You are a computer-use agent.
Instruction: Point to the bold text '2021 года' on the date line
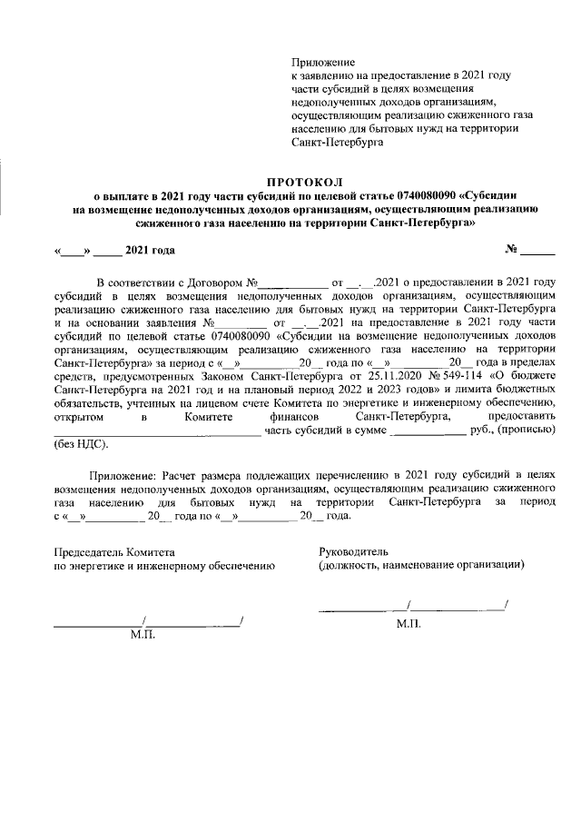tap(151, 250)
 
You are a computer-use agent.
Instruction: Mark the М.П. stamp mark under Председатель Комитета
tap(143, 634)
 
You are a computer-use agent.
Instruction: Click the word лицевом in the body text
tap(251, 401)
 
